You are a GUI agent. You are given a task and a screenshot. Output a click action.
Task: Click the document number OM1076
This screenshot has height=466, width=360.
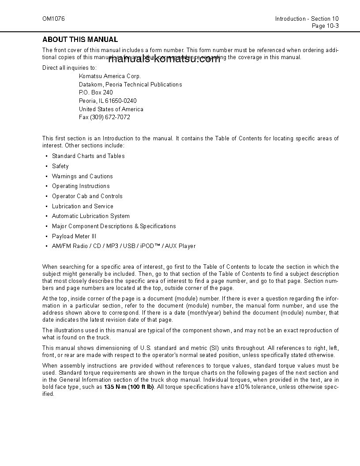click(x=51, y=19)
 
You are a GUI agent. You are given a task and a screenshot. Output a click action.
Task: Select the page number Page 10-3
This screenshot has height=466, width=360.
click(x=325, y=26)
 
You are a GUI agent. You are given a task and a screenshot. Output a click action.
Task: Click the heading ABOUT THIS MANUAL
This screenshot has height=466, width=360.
click(x=80, y=40)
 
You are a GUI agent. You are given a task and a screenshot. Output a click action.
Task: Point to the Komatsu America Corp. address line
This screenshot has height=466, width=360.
click(x=109, y=76)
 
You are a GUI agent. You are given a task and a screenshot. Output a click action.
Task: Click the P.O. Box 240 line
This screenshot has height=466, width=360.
click(x=96, y=93)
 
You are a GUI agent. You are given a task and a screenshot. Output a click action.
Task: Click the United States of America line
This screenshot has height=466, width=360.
click(x=111, y=109)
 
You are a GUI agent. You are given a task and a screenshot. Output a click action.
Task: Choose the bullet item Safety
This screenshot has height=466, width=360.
click(x=60, y=166)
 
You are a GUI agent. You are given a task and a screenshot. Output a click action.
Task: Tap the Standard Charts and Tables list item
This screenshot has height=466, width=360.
click(x=88, y=156)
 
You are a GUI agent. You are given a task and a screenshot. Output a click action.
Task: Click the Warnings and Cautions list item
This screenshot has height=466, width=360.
click(x=82, y=177)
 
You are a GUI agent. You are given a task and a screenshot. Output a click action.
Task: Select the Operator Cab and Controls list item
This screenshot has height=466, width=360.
click(x=87, y=196)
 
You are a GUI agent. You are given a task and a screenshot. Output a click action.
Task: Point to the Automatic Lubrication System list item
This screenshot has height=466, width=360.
click(x=91, y=216)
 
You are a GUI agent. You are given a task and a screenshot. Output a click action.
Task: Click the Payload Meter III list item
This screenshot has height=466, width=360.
click(x=74, y=237)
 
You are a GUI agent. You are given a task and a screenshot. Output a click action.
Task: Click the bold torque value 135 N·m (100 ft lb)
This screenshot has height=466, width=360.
click(x=129, y=387)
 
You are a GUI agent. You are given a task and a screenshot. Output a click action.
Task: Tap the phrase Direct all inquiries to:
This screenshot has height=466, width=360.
click(x=69, y=68)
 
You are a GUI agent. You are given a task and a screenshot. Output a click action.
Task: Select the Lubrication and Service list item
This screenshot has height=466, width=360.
click(x=82, y=207)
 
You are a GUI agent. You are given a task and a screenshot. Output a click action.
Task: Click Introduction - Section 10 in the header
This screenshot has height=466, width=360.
click(x=307, y=19)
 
